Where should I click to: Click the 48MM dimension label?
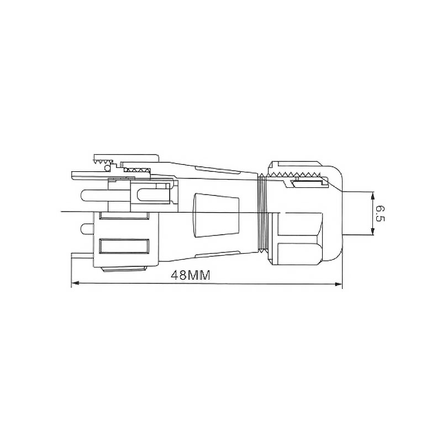coord(191,275)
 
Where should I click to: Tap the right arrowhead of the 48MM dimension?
coord(338,284)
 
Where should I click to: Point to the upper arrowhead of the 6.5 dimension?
coord(372,195)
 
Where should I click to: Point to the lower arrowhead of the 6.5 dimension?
coord(372,231)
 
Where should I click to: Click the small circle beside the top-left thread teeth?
coord(107,168)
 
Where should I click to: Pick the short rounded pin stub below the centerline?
coord(87,229)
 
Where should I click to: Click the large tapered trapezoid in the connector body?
coord(215,215)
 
